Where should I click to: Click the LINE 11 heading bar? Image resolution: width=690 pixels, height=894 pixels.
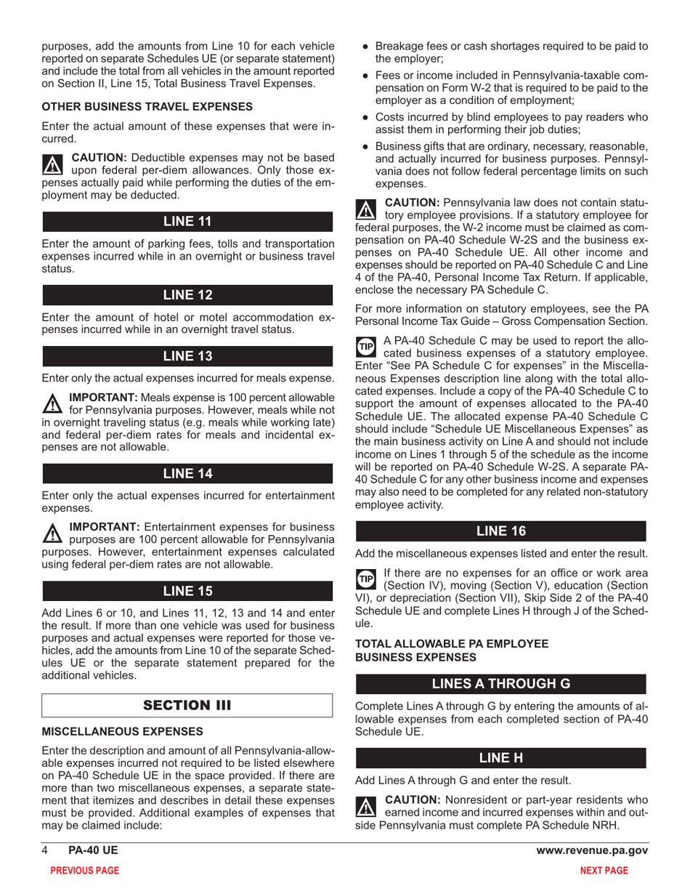(187, 222)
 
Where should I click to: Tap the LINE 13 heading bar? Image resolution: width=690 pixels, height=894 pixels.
(187, 356)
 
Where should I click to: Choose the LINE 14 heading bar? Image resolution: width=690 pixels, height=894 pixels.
(187, 473)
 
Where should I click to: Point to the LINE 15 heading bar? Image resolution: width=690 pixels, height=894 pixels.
(187, 589)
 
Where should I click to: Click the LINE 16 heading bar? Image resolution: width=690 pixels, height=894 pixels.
(500, 531)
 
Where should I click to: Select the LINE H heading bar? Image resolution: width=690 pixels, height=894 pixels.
(500, 758)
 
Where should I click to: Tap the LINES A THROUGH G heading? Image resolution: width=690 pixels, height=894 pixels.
(500, 684)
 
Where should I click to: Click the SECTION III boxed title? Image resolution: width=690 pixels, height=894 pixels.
(187, 705)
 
